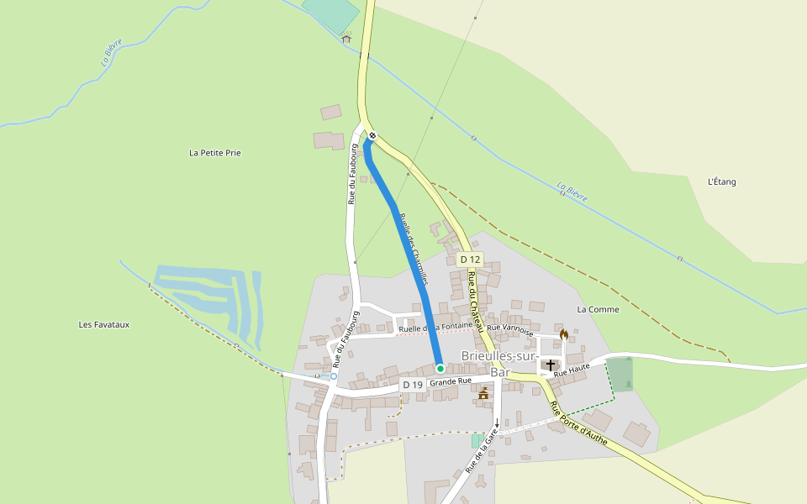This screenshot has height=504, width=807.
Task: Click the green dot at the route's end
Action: (x=440, y=368)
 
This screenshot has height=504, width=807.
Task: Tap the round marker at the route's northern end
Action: (x=372, y=135)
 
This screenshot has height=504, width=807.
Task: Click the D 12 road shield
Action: (x=471, y=260)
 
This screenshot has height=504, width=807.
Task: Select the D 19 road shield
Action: (x=411, y=385)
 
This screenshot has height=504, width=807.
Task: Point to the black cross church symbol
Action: (x=551, y=365)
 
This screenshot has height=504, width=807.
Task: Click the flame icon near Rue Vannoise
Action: (x=563, y=333)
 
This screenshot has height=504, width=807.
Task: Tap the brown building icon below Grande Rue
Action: (x=483, y=394)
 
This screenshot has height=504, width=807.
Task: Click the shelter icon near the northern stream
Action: (x=345, y=38)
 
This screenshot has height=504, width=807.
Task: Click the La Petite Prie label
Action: (x=215, y=153)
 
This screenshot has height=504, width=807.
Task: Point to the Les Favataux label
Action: (x=104, y=324)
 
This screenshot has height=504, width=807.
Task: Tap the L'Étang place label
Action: (x=722, y=181)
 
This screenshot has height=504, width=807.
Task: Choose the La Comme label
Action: (x=598, y=309)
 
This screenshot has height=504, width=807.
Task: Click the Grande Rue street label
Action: (x=450, y=381)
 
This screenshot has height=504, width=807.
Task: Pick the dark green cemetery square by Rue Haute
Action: (x=620, y=375)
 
